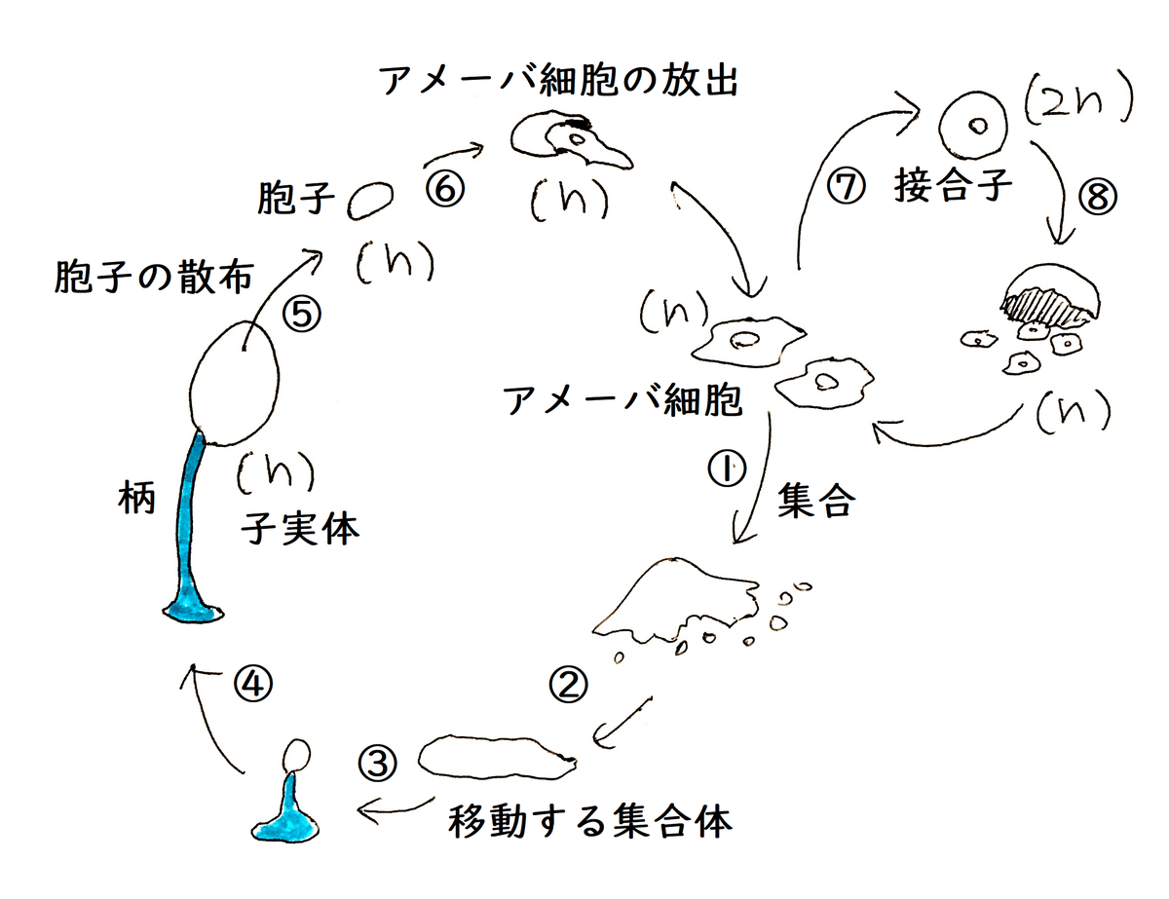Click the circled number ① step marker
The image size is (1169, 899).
click(x=727, y=468)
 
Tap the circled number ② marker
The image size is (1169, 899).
click(x=568, y=684)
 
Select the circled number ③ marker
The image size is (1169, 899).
click(x=378, y=763)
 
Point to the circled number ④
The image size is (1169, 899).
click(x=253, y=684)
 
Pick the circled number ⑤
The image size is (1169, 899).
click(x=302, y=314)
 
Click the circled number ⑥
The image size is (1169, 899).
click(x=445, y=189)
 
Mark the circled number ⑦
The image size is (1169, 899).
click(x=847, y=186)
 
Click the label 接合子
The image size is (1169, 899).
click(x=953, y=185)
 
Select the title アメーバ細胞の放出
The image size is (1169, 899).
click(x=559, y=81)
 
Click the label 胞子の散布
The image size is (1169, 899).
click(x=154, y=277)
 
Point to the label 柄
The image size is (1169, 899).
click(x=136, y=497)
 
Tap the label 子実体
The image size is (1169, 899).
click(x=300, y=528)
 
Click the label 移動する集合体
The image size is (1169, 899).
click(x=590, y=821)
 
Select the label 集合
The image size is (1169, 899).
click(x=816, y=500)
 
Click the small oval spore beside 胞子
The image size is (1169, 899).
click(x=370, y=200)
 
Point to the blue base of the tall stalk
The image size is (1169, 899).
click(x=193, y=612)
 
